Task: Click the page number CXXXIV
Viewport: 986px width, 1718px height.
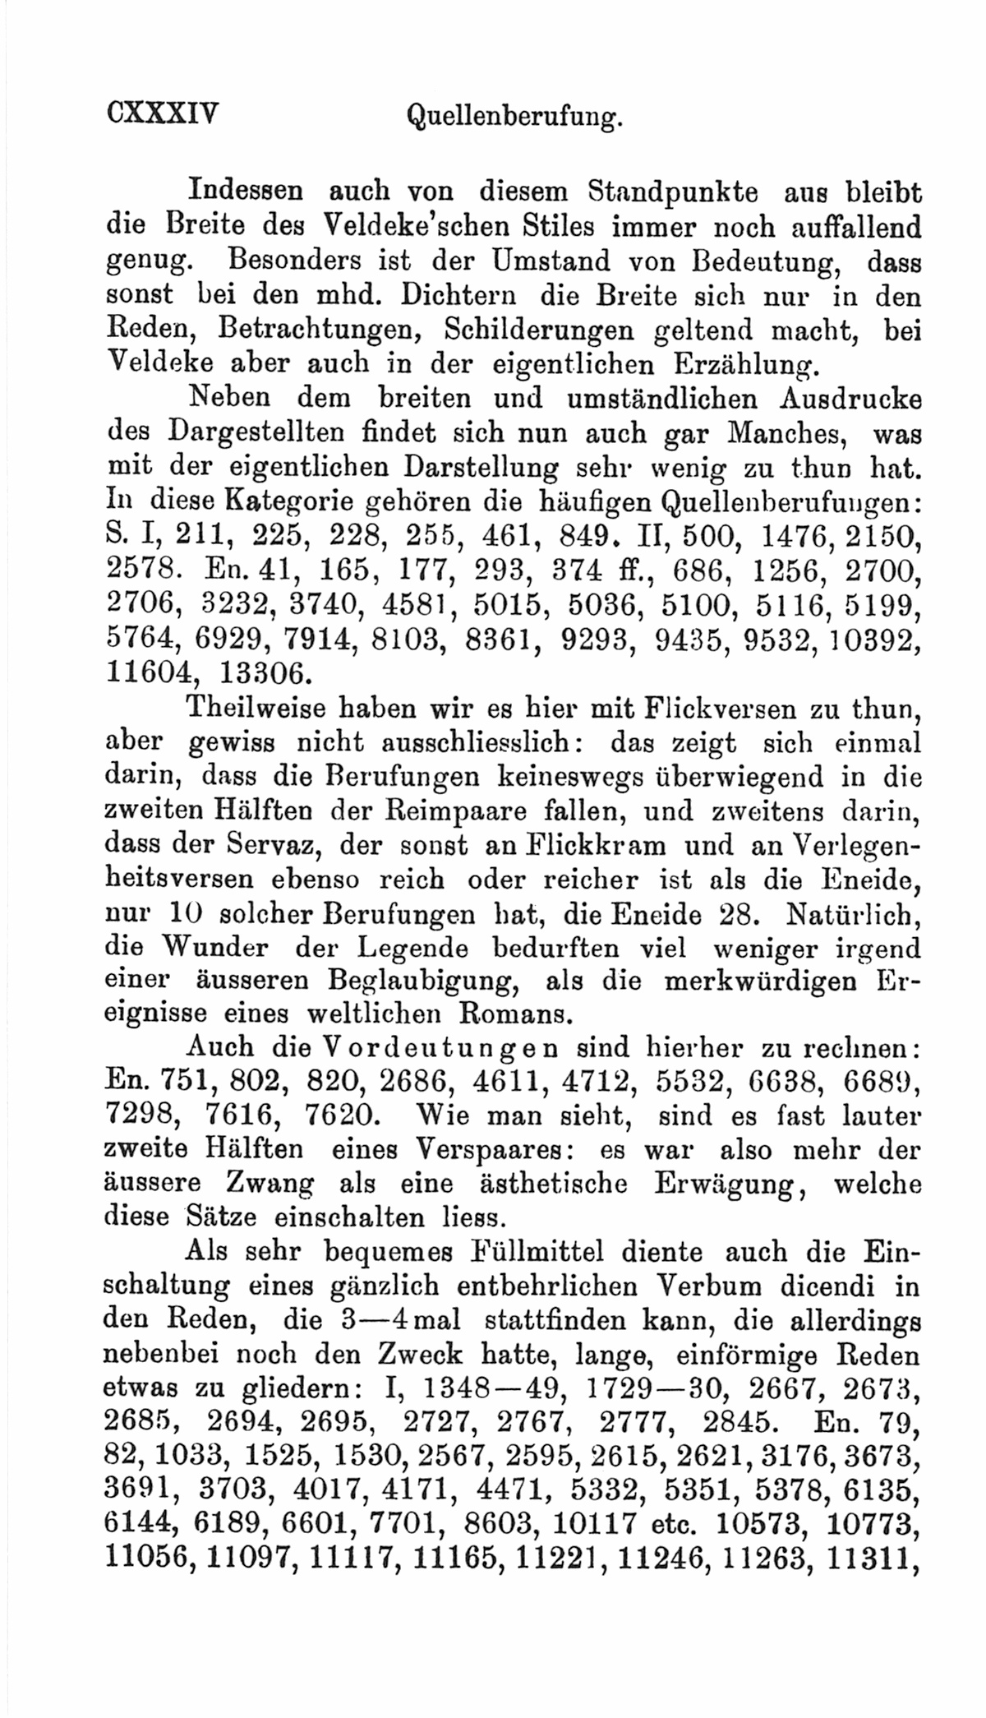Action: coord(163,113)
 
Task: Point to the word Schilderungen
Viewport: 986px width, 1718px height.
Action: coord(538,330)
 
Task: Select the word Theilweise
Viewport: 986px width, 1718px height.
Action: coord(256,708)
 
